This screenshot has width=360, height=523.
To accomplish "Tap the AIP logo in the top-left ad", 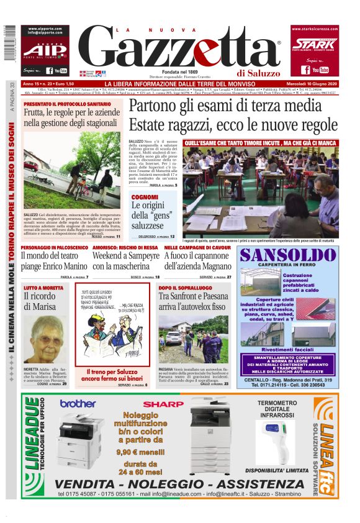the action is coord(44,50).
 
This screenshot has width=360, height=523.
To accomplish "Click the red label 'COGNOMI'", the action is coord(145,197).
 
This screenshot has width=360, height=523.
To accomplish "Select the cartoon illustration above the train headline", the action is coord(115,328).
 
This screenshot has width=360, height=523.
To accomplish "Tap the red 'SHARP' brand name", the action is coord(160,404).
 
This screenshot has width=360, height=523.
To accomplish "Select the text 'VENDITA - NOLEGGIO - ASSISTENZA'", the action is coord(180,483).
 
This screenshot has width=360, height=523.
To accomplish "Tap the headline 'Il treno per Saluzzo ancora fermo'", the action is coord(115,375).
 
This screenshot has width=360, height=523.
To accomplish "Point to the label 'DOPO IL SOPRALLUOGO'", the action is coord(181,288).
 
